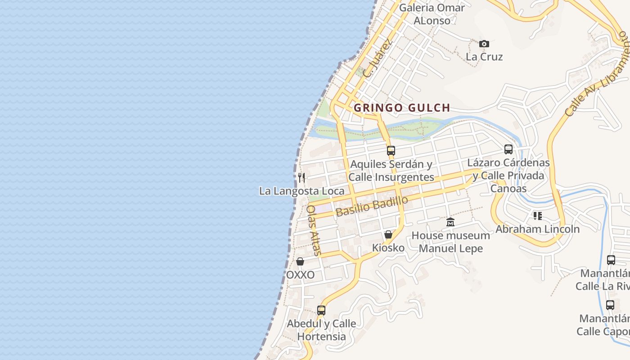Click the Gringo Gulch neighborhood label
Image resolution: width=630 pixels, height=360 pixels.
(x=402, y=108)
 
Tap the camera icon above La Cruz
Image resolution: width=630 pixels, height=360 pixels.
(x=484, y=44)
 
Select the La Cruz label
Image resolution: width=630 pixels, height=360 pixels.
(x=484, y=57)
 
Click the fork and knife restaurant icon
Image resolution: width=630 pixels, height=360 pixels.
(x=301, y=177)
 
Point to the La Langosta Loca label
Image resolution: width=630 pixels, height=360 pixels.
(x=301, y=191)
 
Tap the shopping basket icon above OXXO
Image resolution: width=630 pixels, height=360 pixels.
(x=300, y=261)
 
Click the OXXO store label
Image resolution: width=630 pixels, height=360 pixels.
(x=300, y=274)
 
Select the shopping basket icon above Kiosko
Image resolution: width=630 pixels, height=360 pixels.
(x=388, y=234)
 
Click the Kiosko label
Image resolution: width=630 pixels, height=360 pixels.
(x=388, y=247)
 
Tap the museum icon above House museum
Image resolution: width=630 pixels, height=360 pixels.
(x=450, y=222)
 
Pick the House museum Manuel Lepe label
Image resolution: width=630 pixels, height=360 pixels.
(x=450, y=242)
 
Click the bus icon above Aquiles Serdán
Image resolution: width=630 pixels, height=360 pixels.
(x=391, y=150)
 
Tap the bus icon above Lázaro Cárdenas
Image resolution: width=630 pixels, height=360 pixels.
(x=508, y=149)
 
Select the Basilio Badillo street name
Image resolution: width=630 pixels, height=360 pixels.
(x=372, y=206)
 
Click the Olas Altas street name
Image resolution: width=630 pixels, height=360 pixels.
(x=314, y=230)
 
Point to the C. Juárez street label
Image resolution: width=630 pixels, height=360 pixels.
(x=378, y=58)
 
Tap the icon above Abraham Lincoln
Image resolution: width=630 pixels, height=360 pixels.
(x=537, y=216)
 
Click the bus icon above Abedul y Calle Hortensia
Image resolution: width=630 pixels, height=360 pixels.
(x=321, y=310)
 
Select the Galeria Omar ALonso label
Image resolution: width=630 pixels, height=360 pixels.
(x=432, y=14)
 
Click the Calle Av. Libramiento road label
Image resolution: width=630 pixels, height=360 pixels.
(x=597, y=74)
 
